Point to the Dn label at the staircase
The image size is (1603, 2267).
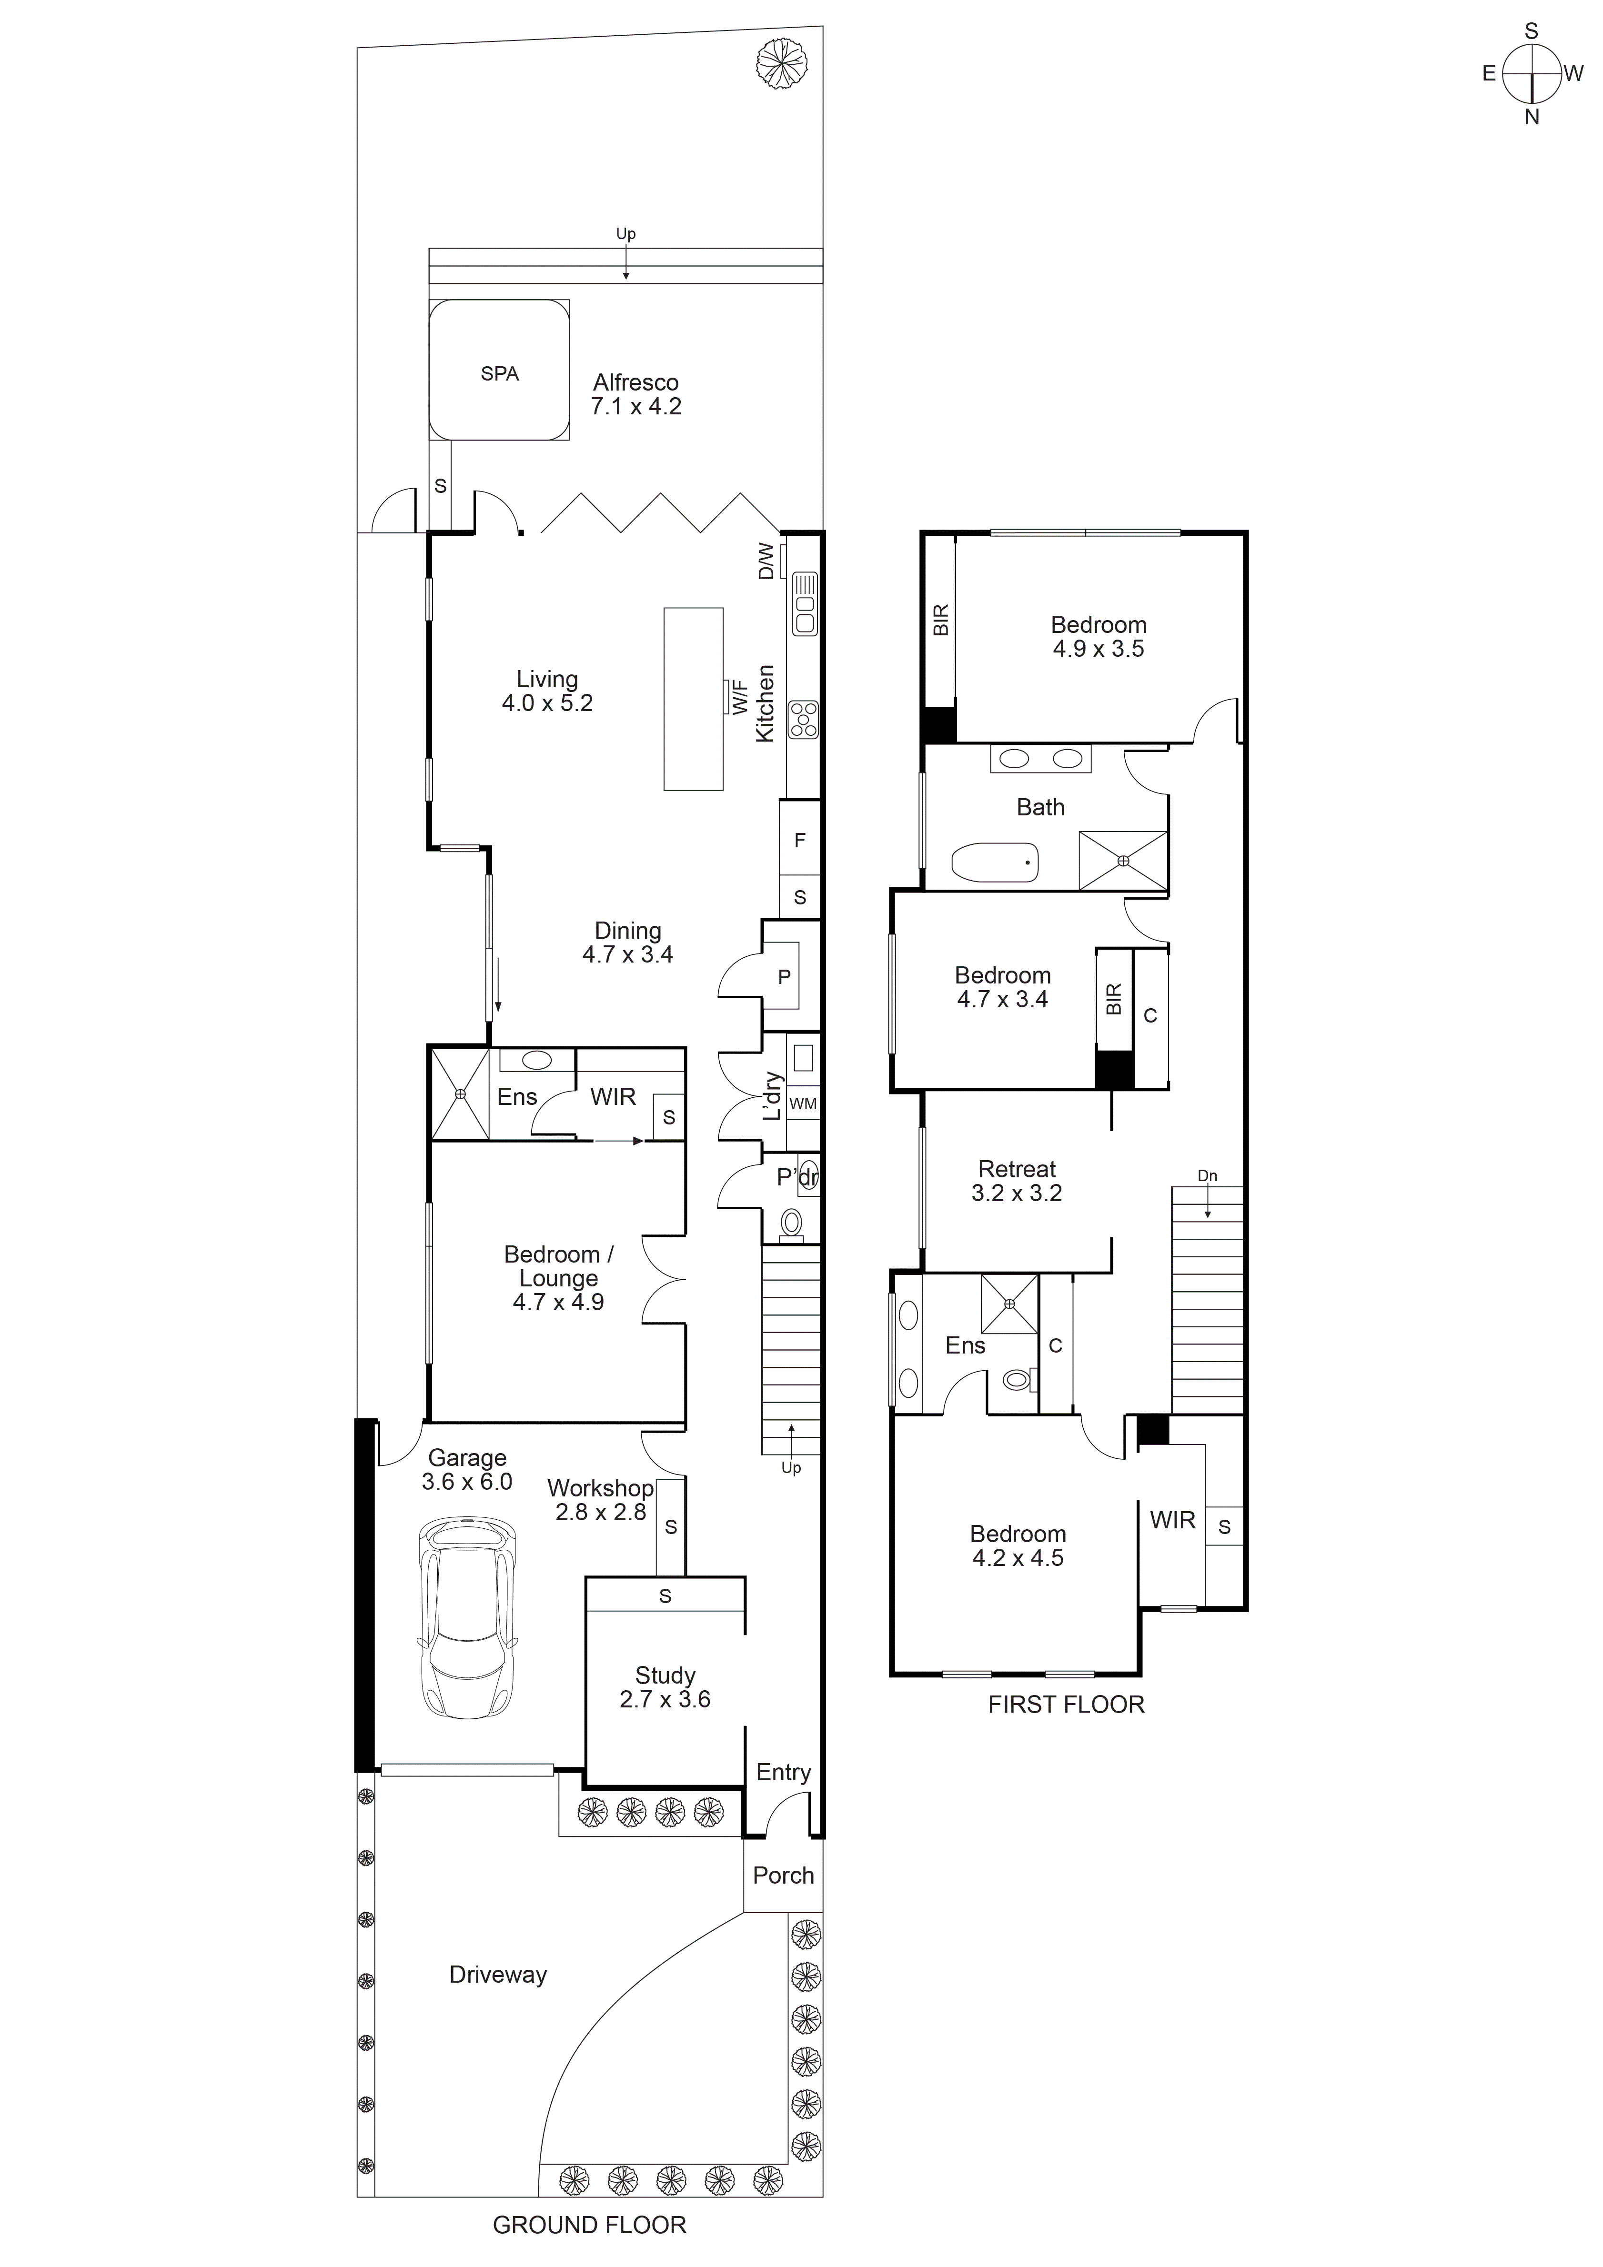click(x=1207, y=1176)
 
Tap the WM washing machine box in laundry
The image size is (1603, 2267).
click(x=803, y=1104)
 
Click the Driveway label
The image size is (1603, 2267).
click(x=498, y=1975)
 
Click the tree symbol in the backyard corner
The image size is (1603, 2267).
click(x=780, y=65)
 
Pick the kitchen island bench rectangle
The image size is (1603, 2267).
click(x=693, y=699)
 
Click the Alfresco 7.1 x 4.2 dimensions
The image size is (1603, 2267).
click(x=636, y=406)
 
